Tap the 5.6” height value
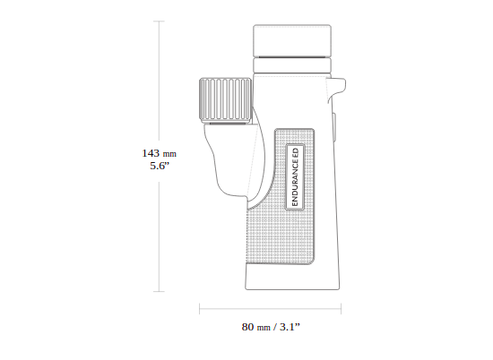click(160, 166)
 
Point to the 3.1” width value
click(290, 327)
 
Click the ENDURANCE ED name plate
click(295, 176)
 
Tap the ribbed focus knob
click(225, 100)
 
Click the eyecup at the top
click(292, 40)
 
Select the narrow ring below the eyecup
click(292, 65)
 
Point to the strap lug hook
click(337, 89)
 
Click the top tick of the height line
click(159, 21)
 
